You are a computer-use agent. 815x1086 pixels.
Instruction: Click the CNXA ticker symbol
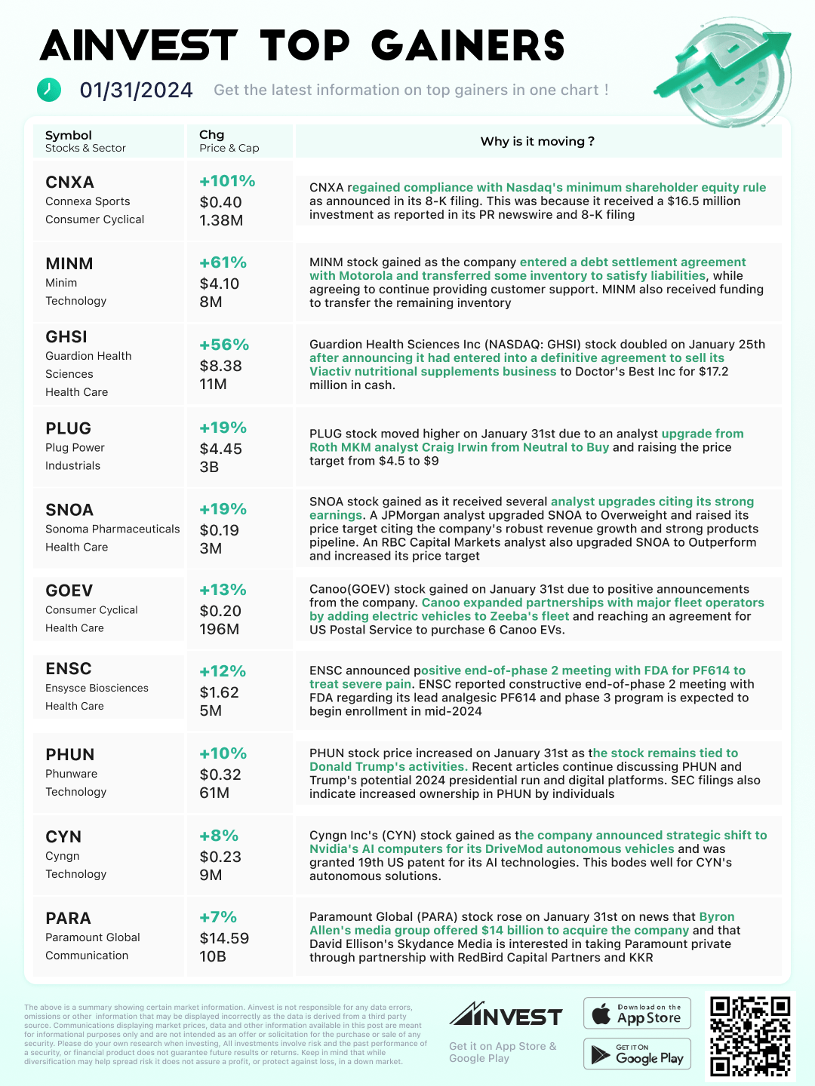(69, 183)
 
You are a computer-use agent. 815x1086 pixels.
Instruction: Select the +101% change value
(227, 181)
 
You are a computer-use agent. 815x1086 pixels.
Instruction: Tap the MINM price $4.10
(220, 284)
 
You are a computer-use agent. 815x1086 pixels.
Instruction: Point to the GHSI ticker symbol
(66, 337)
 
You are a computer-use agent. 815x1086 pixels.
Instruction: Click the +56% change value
(224, 345)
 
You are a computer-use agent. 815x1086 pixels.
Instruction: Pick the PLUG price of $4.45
(221, 449)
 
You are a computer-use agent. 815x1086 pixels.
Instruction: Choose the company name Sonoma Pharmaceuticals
(112, 529)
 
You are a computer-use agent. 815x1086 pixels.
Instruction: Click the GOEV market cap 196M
(220, 629)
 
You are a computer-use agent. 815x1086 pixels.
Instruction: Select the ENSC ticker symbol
(69, 669)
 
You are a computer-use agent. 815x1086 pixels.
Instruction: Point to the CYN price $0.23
(220, 857)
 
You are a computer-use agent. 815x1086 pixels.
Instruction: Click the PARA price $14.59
(224, 938)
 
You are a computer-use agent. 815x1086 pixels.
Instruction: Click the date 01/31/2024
(137, 90)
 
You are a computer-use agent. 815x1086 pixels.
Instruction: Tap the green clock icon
(49, 90)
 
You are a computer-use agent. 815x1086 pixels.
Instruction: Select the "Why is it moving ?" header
(537, 141)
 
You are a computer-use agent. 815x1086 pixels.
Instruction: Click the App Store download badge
(638, 1014)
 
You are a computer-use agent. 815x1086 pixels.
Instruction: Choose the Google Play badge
(638, 1054)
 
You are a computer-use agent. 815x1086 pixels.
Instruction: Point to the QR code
(749, 1035)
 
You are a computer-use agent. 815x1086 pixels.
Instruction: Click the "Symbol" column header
(69, 135)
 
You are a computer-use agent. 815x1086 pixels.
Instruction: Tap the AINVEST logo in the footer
(506, 1015)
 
